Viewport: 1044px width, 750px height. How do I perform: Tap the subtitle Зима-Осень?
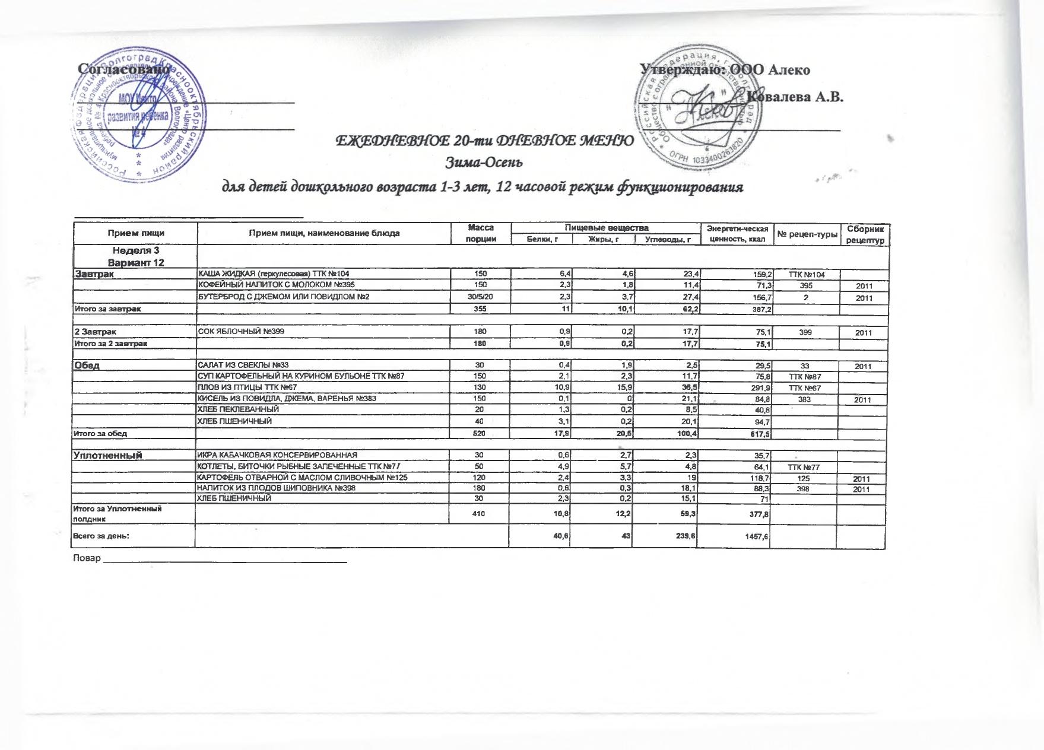(x=484, y=161)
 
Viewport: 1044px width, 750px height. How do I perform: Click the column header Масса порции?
(x=481, y=233)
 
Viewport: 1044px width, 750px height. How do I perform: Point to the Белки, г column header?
(x=541, y=239)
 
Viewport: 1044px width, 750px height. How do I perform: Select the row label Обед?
(x=87, y=365)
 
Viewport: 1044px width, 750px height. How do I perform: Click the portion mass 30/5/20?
(x=480, y=297)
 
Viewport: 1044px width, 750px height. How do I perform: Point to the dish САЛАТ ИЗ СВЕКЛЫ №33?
(x=243, y=365)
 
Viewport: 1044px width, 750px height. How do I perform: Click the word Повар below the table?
(x=86, y=558)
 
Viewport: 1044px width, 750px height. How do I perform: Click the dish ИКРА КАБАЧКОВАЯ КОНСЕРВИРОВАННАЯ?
(x=277, y=455)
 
